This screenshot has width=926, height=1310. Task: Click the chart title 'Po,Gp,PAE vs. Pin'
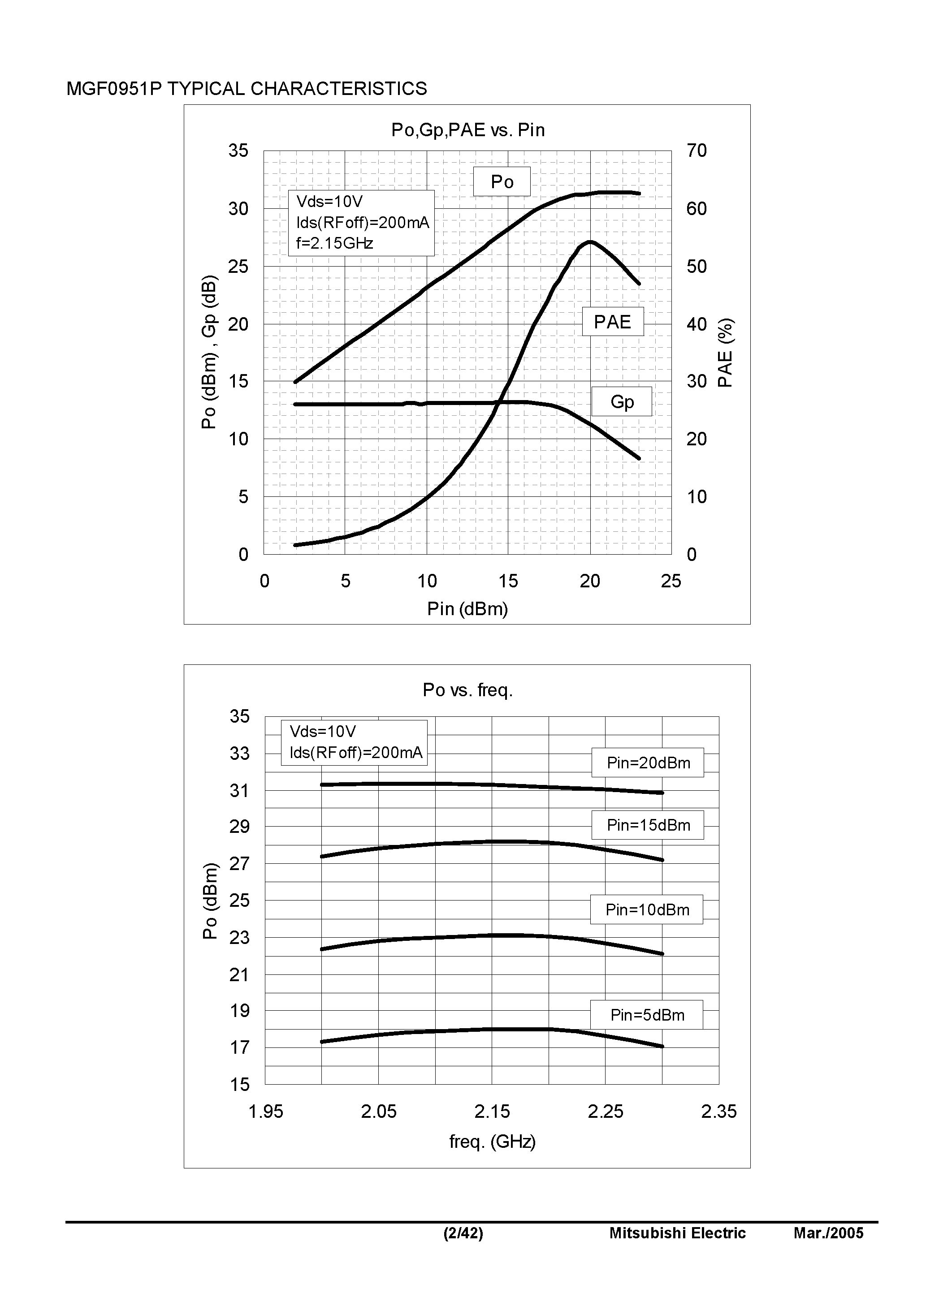[467, 130]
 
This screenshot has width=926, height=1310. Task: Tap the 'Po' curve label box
[502, 181]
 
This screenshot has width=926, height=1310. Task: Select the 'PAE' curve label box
[613, 322]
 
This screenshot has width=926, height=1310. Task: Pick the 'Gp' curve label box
[622, 402]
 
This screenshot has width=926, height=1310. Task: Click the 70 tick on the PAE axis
[697, 151]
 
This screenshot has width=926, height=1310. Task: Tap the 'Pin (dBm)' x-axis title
[467, 609]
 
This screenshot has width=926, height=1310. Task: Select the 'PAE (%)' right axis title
[725, 353]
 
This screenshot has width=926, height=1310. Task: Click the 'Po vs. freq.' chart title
[467, 690]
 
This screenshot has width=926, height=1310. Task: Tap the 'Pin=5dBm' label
[647, 1015]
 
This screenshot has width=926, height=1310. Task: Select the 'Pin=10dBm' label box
[647, 909]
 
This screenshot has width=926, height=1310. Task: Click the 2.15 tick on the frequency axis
[492, 1112]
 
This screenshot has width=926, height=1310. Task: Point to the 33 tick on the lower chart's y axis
[239, 754]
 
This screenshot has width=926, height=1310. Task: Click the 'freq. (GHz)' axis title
[492, 1141]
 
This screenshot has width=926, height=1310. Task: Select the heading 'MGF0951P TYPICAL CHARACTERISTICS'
[247, 88]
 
